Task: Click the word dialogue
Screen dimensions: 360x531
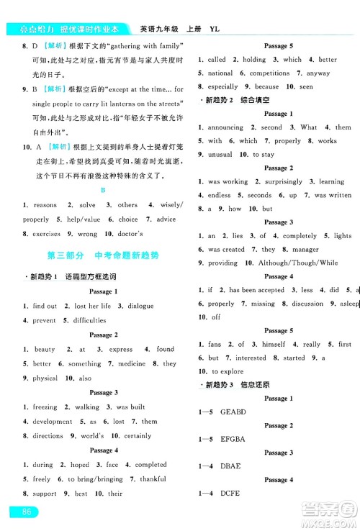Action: point(140,306)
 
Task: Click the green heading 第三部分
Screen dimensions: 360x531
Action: point(69,255)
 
